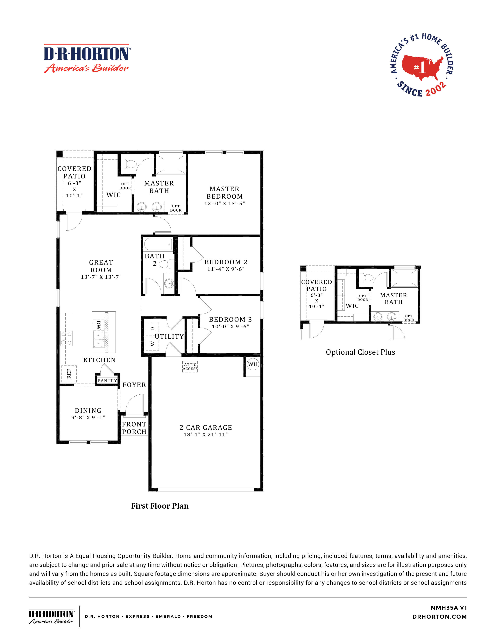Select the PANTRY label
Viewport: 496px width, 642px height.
107,381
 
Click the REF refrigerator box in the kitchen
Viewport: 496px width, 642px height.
69,374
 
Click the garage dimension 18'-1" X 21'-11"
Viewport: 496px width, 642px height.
206,434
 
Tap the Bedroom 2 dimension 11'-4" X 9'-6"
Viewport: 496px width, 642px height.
226,269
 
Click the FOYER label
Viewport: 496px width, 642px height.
134,385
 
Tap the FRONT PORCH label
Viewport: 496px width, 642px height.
134,428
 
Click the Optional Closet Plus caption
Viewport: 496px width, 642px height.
360,352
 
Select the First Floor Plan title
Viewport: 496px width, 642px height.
160,506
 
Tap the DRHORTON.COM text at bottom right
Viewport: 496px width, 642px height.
439,617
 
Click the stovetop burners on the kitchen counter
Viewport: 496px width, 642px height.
66,338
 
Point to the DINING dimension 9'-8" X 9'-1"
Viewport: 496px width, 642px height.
88,417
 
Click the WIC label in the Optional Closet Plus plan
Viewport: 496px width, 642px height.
352,306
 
